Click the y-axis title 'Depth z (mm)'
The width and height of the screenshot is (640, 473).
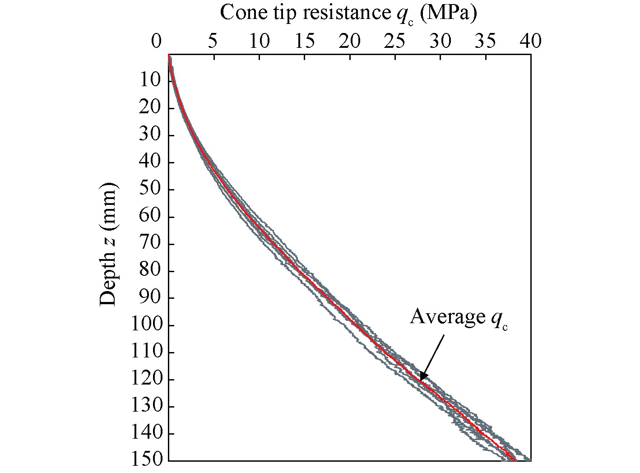[108, 244]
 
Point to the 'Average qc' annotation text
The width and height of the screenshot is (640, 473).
[458, 317]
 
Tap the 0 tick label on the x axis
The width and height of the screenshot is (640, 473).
[157, 42]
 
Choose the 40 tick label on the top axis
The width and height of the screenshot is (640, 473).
[530, 42]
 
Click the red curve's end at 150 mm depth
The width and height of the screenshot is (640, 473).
[514, 459]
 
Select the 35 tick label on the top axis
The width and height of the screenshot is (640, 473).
[486, 42]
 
